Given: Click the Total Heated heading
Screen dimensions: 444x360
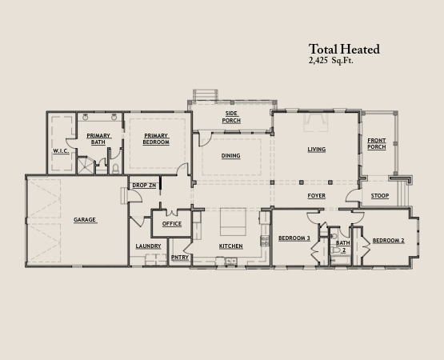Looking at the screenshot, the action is (344, 50).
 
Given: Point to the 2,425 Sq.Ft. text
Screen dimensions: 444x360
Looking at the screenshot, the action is (331, 61).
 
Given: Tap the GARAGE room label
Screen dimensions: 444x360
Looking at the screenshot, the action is (85, 219).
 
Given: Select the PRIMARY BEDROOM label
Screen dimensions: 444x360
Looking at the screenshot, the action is (156, 138).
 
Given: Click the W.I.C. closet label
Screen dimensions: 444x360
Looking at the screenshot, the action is (61, 151).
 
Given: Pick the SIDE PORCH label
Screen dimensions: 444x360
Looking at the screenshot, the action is (231, 117).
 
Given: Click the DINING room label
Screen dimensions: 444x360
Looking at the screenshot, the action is (230, 155).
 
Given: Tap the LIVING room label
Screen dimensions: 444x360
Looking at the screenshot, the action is (317, 150).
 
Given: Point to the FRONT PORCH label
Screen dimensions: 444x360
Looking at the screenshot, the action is (377, 144).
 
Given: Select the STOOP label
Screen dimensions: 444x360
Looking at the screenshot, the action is (380, 196).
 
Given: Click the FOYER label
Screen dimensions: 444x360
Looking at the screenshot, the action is (317, 196).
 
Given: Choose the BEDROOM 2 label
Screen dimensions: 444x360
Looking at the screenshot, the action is (389, 241).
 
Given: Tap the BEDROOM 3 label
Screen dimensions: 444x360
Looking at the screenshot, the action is (294, 238).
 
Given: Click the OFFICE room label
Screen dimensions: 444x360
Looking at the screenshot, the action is (172, 224).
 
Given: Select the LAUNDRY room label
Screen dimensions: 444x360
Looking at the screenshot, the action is (148, 246).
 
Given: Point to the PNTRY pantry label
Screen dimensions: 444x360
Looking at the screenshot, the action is (180, 257).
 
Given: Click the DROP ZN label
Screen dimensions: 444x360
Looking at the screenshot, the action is (144, 186).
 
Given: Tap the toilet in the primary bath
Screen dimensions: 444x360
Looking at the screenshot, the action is (115, 169).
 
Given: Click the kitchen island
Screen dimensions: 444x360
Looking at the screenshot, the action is (233, 222).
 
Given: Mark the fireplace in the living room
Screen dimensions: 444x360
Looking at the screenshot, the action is (316, 122).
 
